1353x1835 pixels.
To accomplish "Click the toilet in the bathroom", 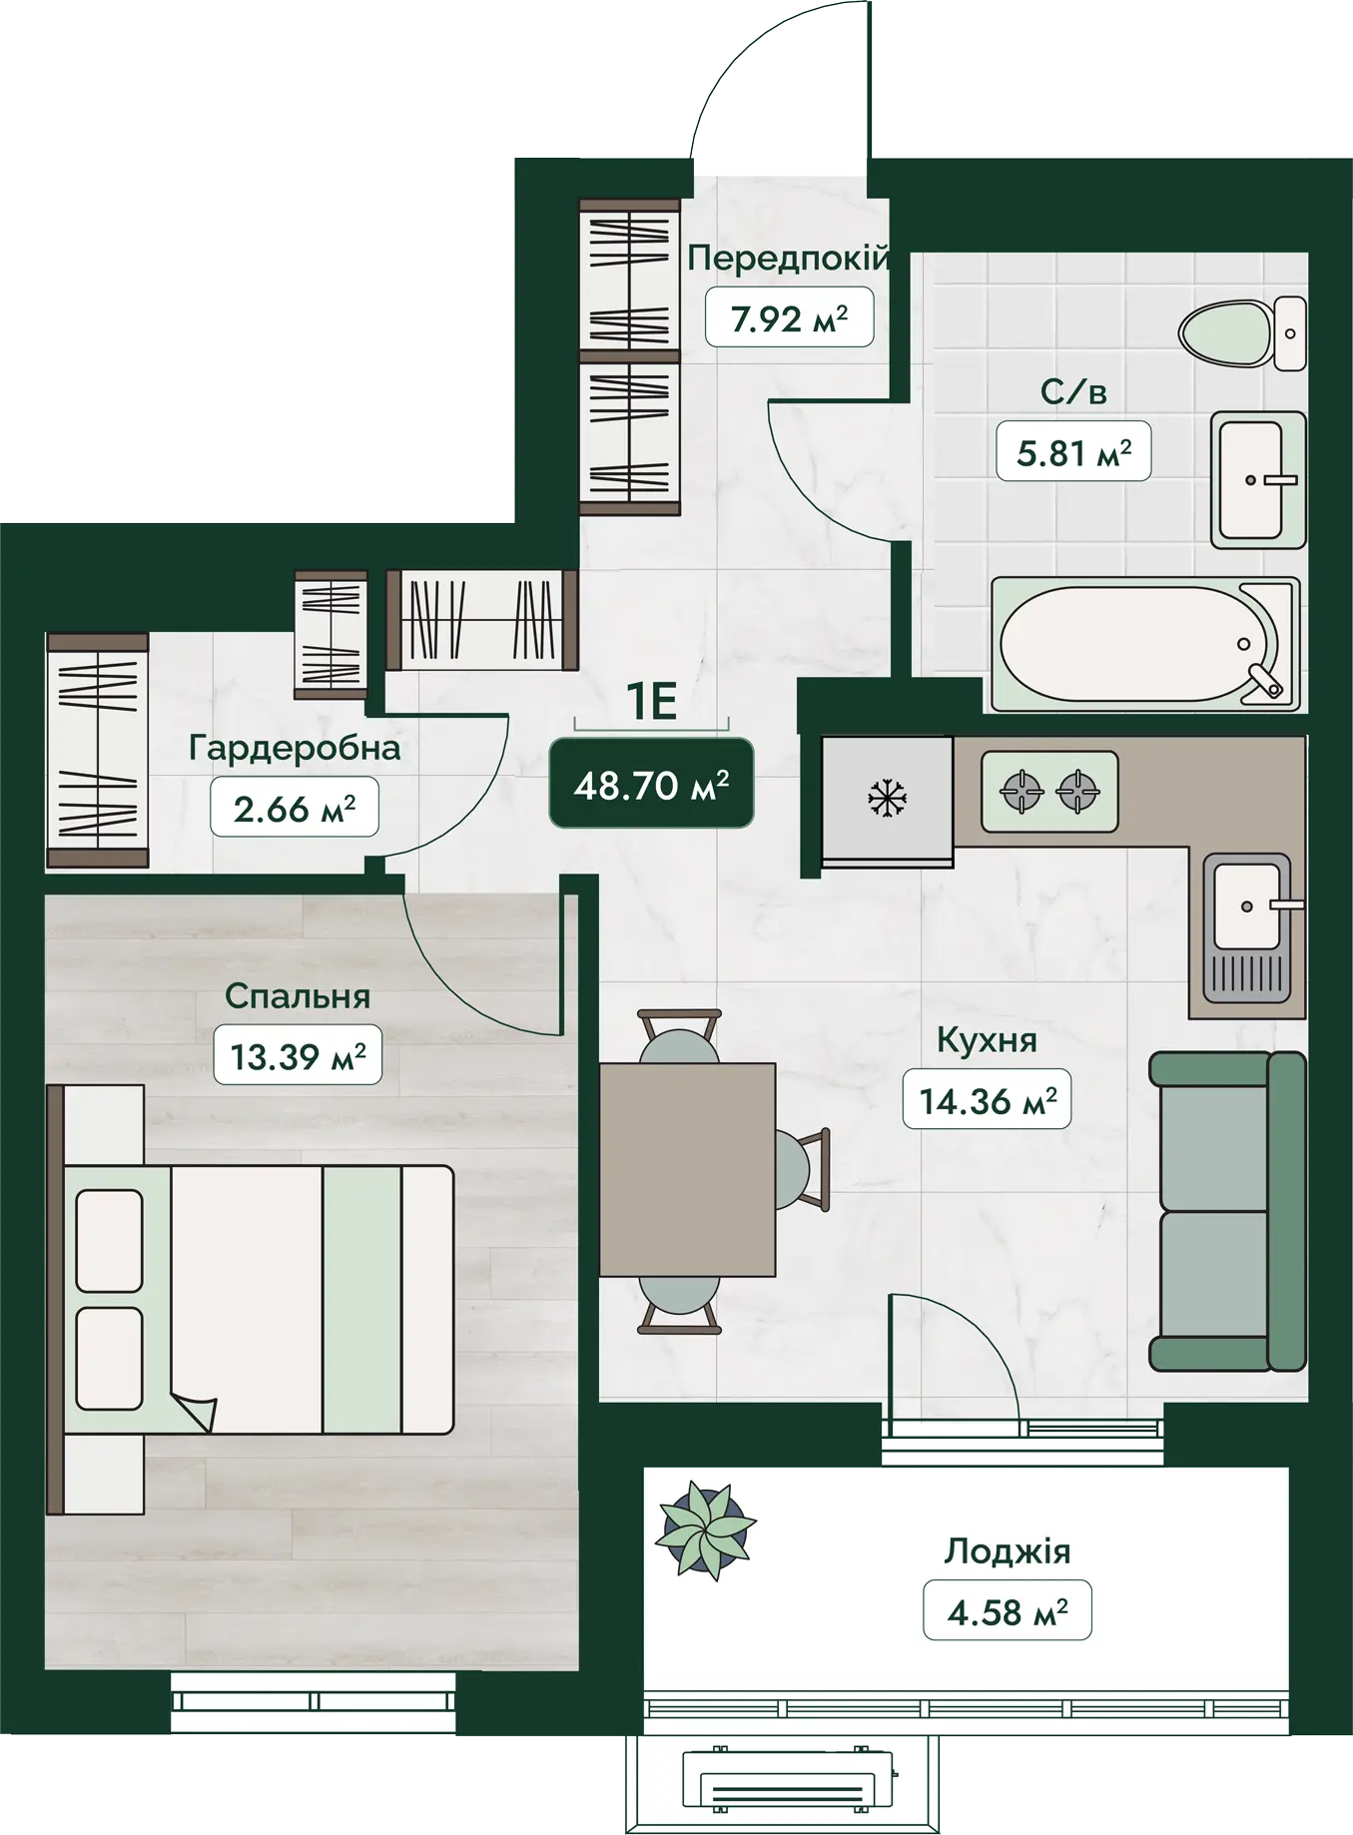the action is [x=1242, y=332].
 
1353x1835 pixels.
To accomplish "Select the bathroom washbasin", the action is [x=1258, y=480].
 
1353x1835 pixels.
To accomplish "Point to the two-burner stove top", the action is [x=1049, y=792].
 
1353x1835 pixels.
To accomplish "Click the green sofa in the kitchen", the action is [x=1227, y=1211].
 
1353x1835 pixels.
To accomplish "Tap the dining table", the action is [x=688, y=1169].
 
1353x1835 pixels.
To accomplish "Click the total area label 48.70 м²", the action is [x=651, y=786].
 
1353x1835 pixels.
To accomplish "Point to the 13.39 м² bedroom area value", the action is [x=298, y=1055].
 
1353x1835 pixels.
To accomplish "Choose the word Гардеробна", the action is [x=295, y=748].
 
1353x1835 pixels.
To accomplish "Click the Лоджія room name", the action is [x=1008, y=1551].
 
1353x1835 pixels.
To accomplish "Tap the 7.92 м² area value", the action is [x=789, y=318].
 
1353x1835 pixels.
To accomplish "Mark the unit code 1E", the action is [x=651, y=701].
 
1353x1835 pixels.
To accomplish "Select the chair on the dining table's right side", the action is [x=803, y=1169].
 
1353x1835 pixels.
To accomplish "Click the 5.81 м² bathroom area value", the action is [x=1073, y=452].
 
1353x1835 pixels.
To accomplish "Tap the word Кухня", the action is [x=987, y=1040].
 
